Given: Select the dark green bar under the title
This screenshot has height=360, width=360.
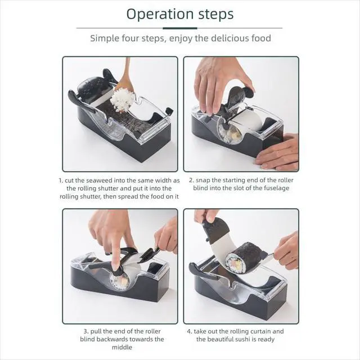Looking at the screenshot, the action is click(180, 28).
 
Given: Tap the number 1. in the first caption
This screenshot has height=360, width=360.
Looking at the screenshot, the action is click(61, 181).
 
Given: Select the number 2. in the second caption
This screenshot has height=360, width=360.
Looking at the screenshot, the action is click(191, 180).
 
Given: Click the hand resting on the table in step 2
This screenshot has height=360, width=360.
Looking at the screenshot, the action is click(278, 152).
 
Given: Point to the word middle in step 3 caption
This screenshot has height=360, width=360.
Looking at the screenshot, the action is click(122, 347).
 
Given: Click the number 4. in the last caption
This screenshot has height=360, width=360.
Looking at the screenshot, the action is click(190, 331).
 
